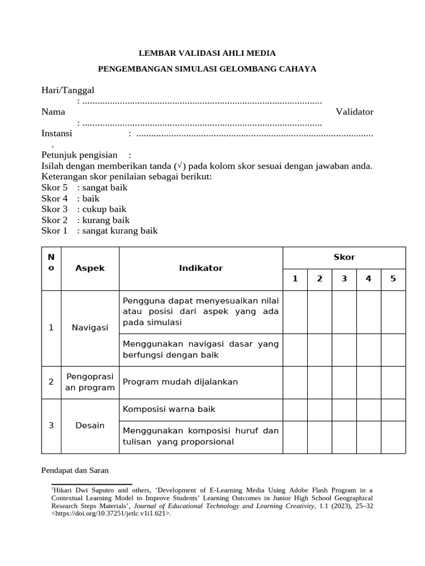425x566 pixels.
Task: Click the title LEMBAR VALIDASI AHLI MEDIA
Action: pyautogui.click(x=206, y=53)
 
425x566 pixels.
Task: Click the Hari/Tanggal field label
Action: pyautogui.click(x=68, y=90)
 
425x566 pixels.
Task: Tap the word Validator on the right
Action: pyautogui.click(x=354, y=112)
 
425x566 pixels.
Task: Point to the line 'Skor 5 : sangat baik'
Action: pyautogui.click(x=84, y=187)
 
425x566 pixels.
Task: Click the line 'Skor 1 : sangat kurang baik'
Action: pyautogui.click(x=99, y=230)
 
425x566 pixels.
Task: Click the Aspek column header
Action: pyautogui.click(x=90, y=268)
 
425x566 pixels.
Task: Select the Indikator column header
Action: pyautogui.click(x=200, y=268)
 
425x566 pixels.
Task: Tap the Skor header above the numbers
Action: pyautogui.click(x=344, y=257)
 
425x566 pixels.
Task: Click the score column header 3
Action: pyautogui.click(x=344, y=279)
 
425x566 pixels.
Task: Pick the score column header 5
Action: pyautogui.click(x=393, y=279)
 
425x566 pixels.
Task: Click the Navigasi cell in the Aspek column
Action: pyautogui.click(x=90, y=328)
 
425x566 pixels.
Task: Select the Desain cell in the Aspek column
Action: pyautogui.click(x=90, y=426)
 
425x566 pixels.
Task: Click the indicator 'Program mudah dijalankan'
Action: pyautogui.click(x=180, y=382)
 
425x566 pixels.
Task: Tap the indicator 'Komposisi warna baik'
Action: pyautogui.click(x=169, y=409)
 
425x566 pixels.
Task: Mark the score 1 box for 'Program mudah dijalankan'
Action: pyautogui.click(x=295, y=382)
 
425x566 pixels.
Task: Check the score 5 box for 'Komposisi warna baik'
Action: pyautogui.click(x=393, y=410)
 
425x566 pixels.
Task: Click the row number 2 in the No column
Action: pyautogui.click(x=51, y=382)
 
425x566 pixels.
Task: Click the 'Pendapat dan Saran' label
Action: pyautogui.click(x=75, y=470)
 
